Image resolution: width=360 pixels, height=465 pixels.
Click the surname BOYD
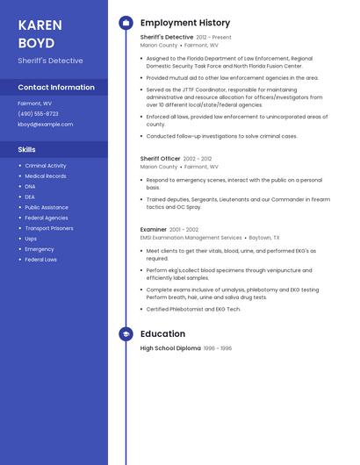tap(36, 43)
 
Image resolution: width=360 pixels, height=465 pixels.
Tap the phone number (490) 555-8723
tap(38, 113)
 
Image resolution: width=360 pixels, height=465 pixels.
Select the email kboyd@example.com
tap(46, 125)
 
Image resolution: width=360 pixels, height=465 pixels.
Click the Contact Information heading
tap(56, 88)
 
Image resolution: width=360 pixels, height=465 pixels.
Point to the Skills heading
tap(27, 149)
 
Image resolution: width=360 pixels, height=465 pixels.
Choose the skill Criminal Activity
tap(46, 166)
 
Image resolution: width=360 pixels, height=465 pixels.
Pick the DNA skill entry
tap(31, 186)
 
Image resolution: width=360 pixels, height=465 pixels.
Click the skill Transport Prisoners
tap(49, 228)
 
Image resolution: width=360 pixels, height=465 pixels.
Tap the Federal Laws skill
tap(41, 260)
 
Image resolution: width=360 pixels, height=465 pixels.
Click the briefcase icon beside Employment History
tap(126, 23)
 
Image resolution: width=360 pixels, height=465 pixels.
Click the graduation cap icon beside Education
tap(126, 334)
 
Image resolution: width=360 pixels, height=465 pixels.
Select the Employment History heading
tap(185, 23)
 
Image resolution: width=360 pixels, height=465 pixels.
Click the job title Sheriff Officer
tap(161, 159)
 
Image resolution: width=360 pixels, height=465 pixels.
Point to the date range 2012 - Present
tap(214, 38)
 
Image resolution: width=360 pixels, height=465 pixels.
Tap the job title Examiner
tap(154, 230)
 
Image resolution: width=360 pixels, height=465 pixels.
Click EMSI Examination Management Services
tap(191, 238)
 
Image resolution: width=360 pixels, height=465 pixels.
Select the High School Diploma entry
tap(170, 348)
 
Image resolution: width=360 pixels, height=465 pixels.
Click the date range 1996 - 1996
tap(218, 348)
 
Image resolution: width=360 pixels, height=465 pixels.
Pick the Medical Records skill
tap(46, 176)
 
